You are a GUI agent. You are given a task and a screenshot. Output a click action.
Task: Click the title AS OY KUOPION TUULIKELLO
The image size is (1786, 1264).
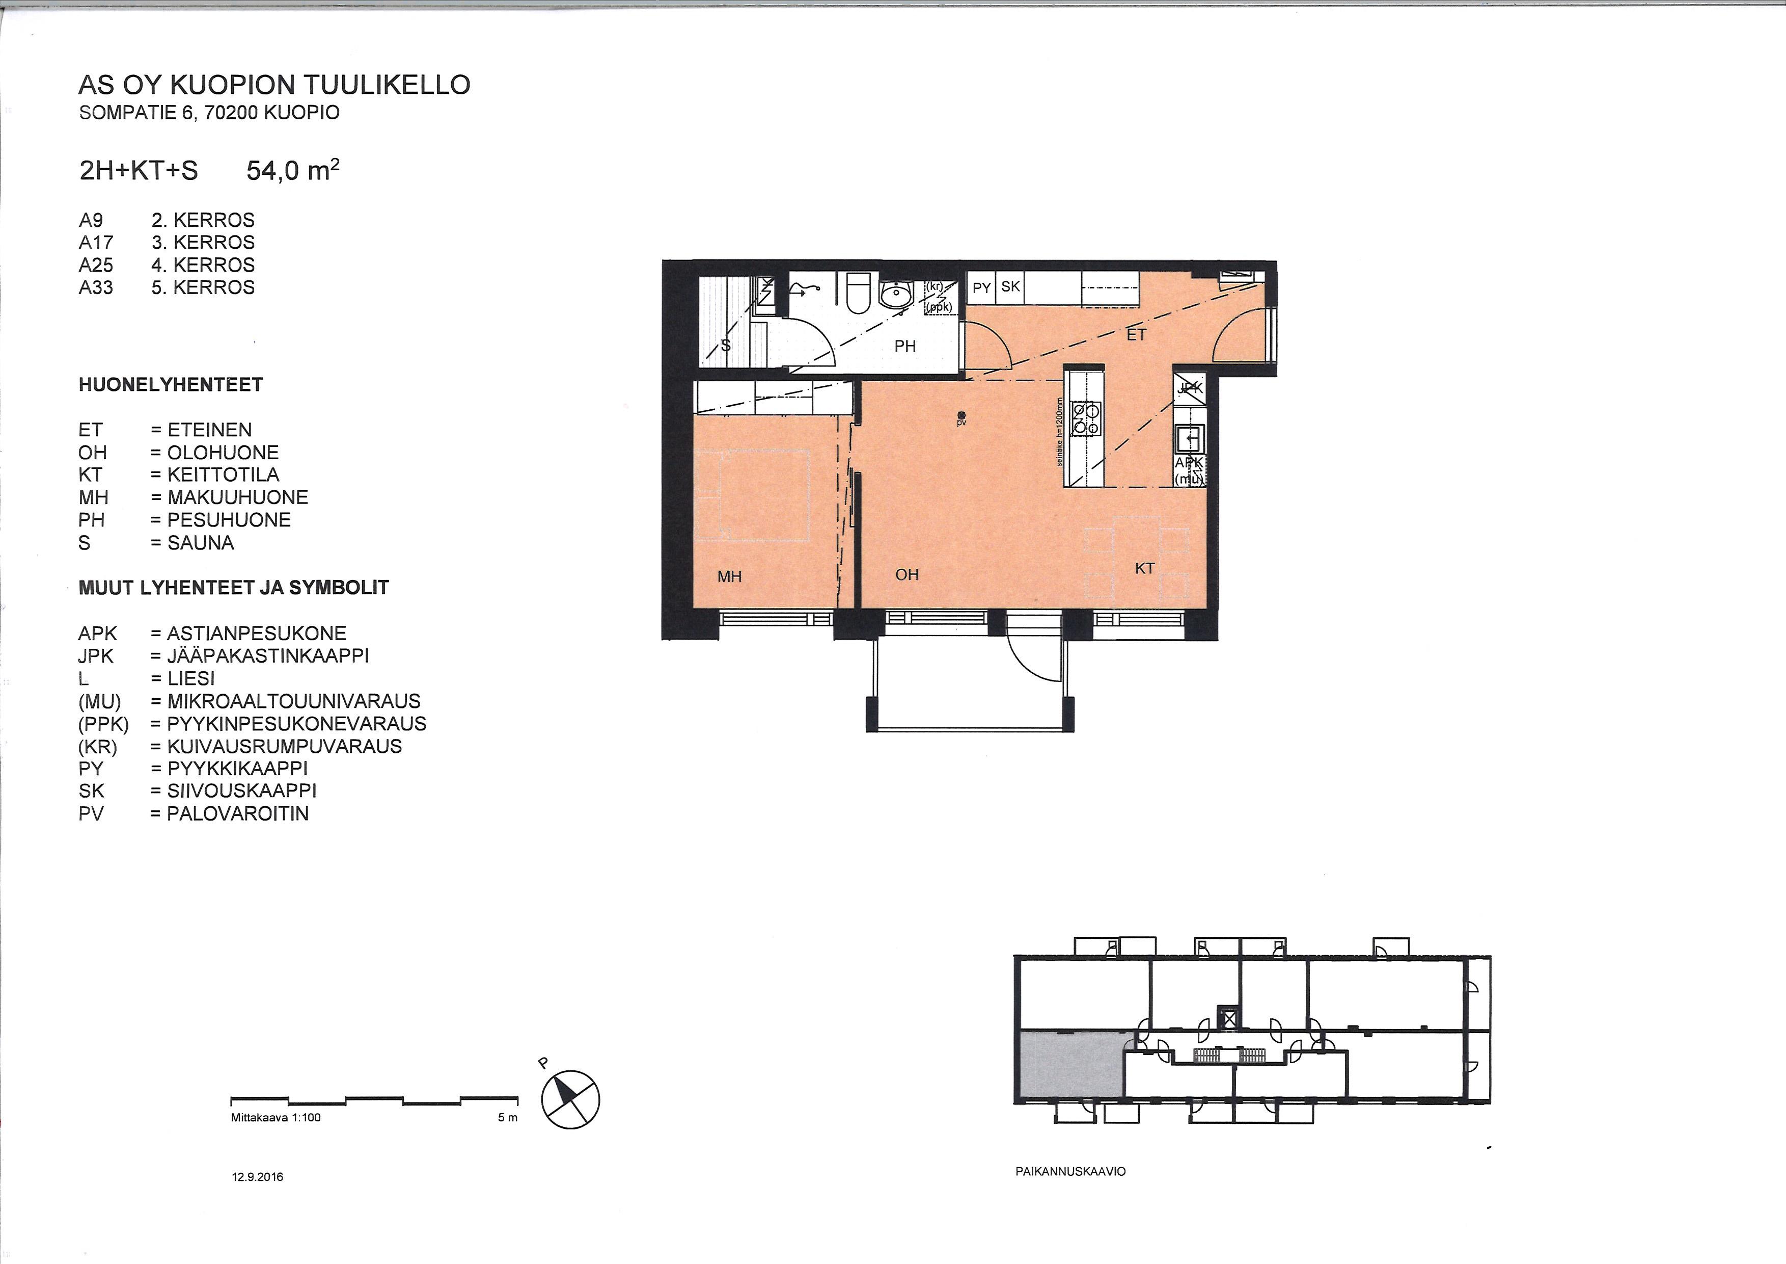tap(274, 85)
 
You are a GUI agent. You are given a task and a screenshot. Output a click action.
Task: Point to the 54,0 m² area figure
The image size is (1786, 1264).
tap(292, 170)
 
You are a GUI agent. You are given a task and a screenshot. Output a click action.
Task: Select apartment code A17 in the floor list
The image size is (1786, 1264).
tap(96, 243)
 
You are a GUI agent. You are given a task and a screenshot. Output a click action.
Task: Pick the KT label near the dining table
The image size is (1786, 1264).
tap(1144, 569)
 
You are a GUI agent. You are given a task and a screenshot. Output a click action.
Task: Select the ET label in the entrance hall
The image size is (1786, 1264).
tap(1137, 335)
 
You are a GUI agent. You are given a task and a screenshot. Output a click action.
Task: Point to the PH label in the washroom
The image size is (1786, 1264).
tap(904, 347)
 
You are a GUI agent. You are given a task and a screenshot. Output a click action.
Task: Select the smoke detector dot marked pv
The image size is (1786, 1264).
tap(962, 415)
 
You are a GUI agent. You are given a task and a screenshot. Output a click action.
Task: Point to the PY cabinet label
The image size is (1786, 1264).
tap(982, 288)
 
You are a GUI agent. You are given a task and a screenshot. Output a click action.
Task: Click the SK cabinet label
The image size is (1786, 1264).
tap(1010, 286)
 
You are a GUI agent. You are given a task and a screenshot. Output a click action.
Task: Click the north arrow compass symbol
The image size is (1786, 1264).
tap(571, 1099)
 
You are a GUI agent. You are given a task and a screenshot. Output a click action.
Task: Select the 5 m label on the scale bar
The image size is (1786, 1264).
tap(507, 1118)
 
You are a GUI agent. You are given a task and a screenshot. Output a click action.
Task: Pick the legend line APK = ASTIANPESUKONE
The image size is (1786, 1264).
tap(212, 634)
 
